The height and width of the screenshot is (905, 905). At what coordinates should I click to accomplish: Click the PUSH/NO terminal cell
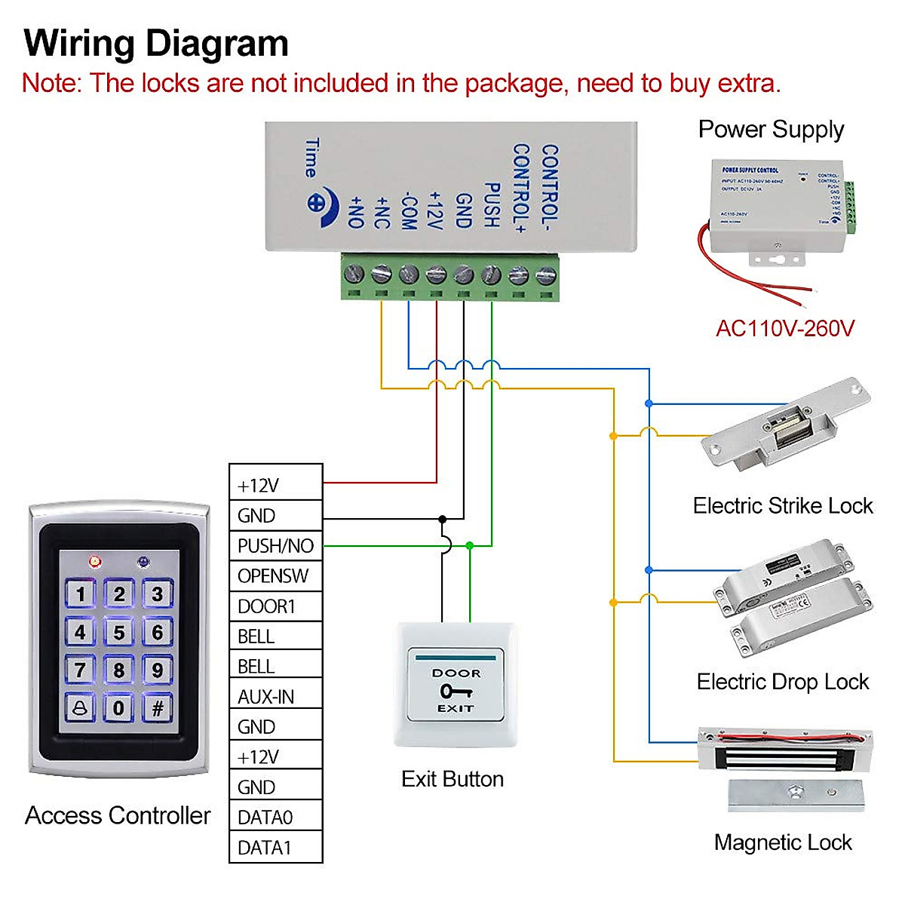pos(275,545)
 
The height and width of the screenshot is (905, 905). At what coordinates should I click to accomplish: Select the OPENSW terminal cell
pos(275,576)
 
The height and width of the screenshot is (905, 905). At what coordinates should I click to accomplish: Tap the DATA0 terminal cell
pos(275,818)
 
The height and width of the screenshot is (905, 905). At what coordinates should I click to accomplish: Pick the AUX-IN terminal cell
pos(275,697)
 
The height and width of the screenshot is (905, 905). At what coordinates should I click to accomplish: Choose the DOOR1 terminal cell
pos(275,606)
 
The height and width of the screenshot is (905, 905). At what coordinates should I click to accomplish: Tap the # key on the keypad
pos(158,708)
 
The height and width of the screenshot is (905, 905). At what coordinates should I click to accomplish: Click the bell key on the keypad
pos(80,708)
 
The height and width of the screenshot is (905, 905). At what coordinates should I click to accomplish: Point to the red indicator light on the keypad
pos(95,562)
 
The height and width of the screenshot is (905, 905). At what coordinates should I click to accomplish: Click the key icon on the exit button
pos(456,691)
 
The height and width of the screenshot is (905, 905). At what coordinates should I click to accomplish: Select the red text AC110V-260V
pos(784,329)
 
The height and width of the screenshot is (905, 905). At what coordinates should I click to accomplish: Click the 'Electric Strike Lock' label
pos(783,506)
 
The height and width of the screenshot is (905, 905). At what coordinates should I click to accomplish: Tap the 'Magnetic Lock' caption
pos(783,842)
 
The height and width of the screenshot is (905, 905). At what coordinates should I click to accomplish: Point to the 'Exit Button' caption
pos(452,779)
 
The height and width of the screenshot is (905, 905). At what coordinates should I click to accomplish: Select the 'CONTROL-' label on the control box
pos(550,187)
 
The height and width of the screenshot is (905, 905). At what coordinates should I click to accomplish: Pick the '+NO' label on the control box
pos(355,212)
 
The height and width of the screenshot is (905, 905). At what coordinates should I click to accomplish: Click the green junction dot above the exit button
pos(470,545)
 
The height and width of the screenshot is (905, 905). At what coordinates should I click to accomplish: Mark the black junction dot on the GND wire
pos(443,519)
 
